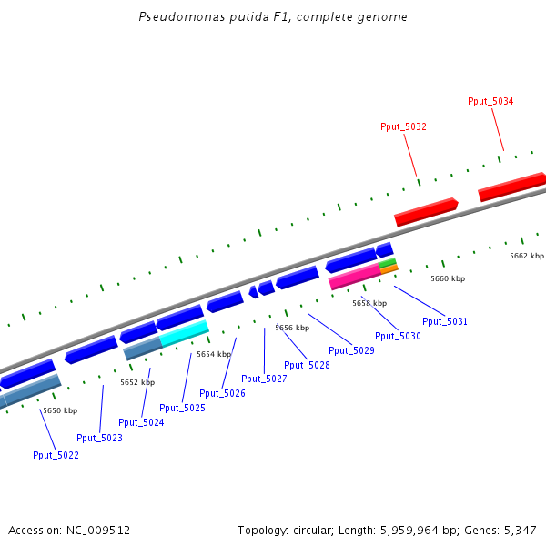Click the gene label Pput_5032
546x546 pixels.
coord(403,127)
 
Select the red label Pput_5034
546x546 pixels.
coord(490,101)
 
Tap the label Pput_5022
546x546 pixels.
coord(56,455)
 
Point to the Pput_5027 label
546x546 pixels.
coord(264,379)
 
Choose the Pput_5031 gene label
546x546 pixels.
coord(445,321)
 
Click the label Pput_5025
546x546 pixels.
coord(182,408)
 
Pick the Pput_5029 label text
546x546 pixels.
coord(351,350)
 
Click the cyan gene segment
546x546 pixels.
coord(185,333)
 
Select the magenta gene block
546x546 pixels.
coord(354,277)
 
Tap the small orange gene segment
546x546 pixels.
coord(389,269)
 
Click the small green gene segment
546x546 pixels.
coord(388,263)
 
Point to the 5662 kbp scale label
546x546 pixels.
coord(526,256)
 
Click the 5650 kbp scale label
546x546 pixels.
coord(60,410)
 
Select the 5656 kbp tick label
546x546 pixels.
coord(292,328)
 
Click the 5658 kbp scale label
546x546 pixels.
coord(369,303)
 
